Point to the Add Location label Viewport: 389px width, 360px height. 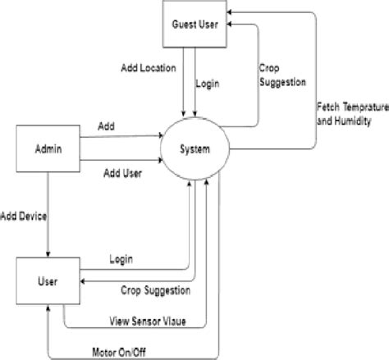tap(148, 68)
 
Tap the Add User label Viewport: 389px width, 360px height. tap(123, 173)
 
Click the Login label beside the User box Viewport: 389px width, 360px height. tap(121, 259)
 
